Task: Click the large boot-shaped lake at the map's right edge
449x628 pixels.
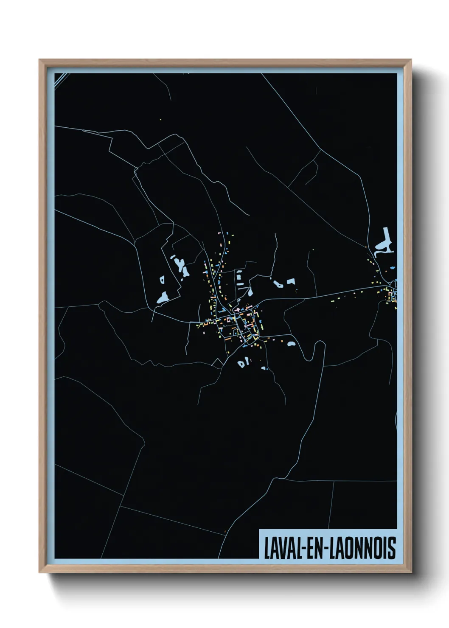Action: (x=384, y=241)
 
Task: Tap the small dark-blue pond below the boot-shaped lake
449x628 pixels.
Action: (x=393, y=269)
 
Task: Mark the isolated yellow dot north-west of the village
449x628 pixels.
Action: (x=161, y=119)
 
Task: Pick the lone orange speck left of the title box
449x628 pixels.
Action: (x=225, y=531)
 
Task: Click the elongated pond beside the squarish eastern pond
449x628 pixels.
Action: (x=278, y=283)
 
